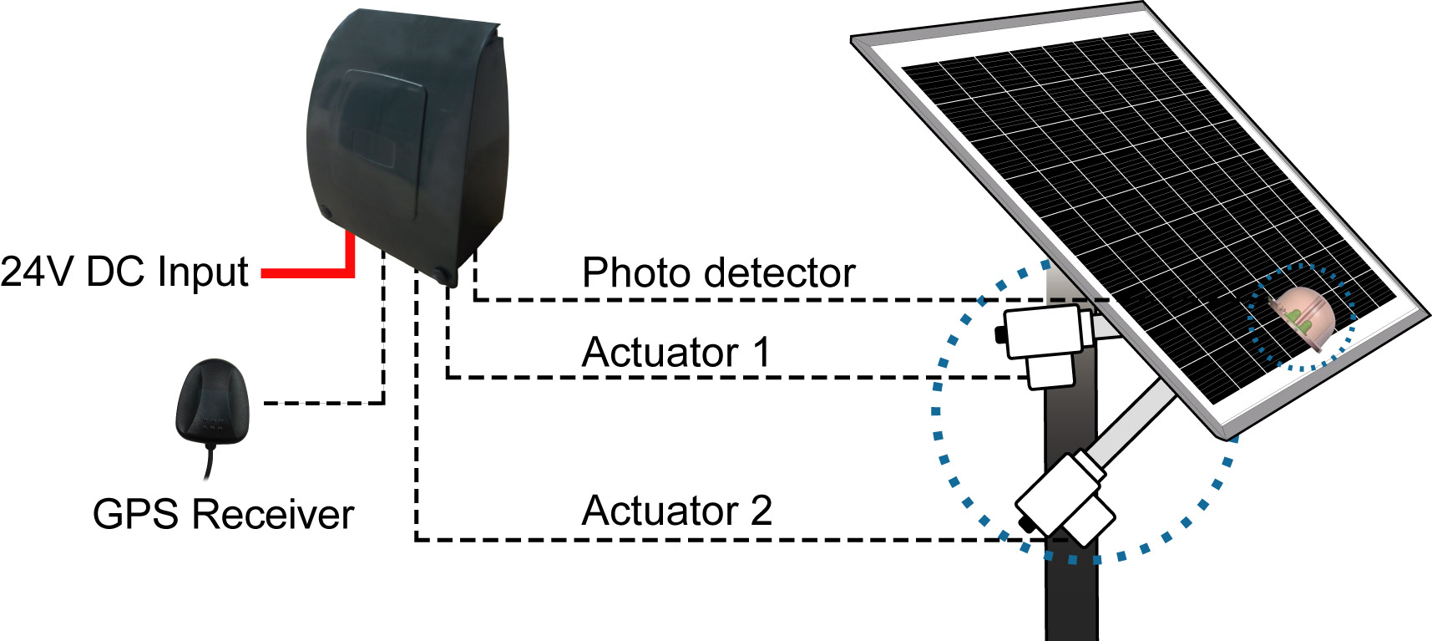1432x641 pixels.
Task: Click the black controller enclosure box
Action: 407,142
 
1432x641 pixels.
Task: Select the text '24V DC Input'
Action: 124,272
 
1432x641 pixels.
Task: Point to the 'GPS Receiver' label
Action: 223,514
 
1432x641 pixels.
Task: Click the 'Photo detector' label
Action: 718,272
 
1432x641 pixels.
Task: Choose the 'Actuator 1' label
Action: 676,352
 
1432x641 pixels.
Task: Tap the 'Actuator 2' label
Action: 676,510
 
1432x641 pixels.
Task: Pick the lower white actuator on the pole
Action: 1065,499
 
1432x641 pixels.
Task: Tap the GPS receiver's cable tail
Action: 210,462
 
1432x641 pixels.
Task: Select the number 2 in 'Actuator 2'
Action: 761,510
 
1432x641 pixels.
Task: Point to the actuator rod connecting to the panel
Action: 1131,423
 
